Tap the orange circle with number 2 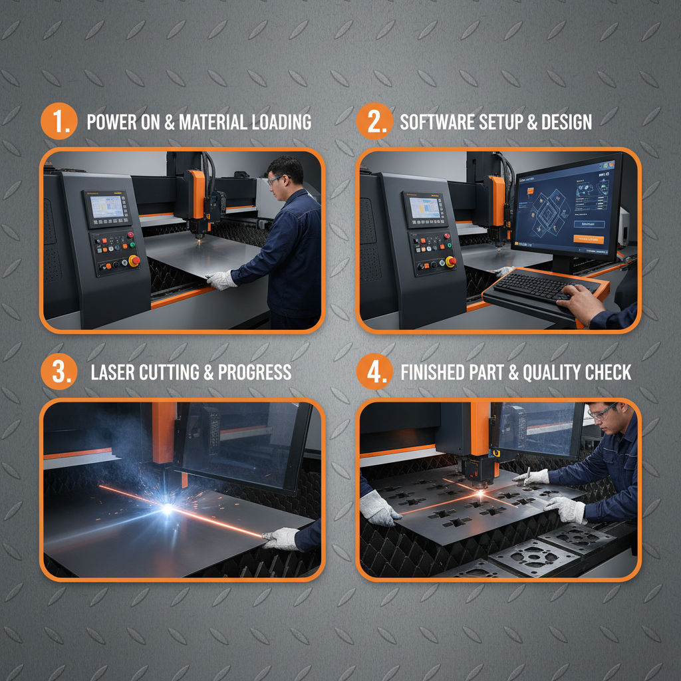coord(374,122)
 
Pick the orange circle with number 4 coord(374,372)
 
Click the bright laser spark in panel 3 coord(167,508)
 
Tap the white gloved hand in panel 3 coord(280,539)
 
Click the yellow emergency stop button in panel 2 coord(450,261)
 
